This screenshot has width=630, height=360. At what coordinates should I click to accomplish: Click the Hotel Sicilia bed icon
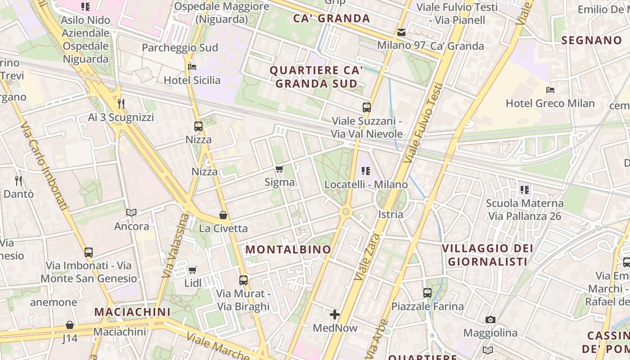[x=192, y=67]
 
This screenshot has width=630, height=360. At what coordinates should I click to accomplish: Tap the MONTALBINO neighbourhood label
[x=288, y=249]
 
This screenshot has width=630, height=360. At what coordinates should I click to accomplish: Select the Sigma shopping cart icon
[x=279, y=169]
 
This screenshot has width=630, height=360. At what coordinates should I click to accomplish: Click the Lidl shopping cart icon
[x=193, y=270]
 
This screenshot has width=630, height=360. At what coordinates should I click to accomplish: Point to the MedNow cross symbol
[x=335, y=315]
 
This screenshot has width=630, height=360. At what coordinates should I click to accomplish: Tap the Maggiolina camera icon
[x=490, y=320]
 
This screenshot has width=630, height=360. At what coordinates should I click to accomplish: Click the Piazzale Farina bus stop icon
[x=427, y=293]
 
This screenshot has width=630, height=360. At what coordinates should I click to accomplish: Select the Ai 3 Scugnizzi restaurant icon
[x=121, y=104]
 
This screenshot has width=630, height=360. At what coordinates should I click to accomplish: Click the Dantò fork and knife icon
[x=18, y=181]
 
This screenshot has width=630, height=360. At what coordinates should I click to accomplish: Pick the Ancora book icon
[x=131, y=212]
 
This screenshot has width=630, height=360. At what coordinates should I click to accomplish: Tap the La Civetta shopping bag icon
[x=223, y=215]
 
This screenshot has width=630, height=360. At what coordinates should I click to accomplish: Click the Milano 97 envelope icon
[x=401, y=32]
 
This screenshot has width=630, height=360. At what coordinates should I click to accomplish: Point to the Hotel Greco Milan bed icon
[x=550, y=90]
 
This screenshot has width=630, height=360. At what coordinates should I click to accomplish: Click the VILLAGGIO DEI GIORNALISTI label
[x=487, y=255]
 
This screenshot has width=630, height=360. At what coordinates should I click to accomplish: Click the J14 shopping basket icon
[x=70, y=325]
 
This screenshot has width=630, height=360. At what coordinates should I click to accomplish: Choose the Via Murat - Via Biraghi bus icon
[x=243, y=280]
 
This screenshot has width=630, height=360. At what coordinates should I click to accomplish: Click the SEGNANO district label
[x=591, y=40]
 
